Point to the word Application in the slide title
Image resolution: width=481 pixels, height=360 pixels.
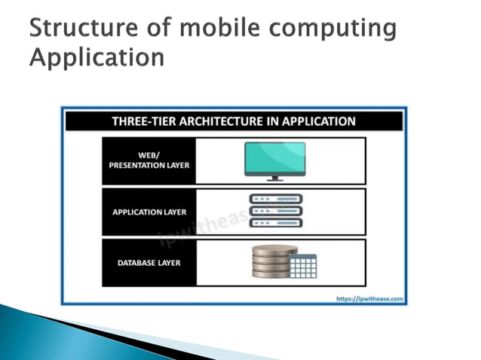[x=97, y=57]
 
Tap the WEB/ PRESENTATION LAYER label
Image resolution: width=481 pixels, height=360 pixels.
[x=148, y=160]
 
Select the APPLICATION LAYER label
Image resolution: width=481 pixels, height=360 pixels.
[x=148, y=212]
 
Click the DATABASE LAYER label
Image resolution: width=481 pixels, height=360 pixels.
[x=148, y=262]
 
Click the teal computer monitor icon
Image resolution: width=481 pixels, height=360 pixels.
[x=274, y=158]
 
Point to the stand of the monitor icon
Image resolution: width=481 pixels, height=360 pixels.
[x=274, y=178]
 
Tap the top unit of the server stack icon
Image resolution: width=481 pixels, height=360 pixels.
[x=275, y=199]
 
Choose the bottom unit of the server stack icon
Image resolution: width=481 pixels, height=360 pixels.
[x=275, y=223]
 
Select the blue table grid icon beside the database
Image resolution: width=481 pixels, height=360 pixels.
[x=303, y=266]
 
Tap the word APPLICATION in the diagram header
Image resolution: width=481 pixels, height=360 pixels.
[x=317, y=121]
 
